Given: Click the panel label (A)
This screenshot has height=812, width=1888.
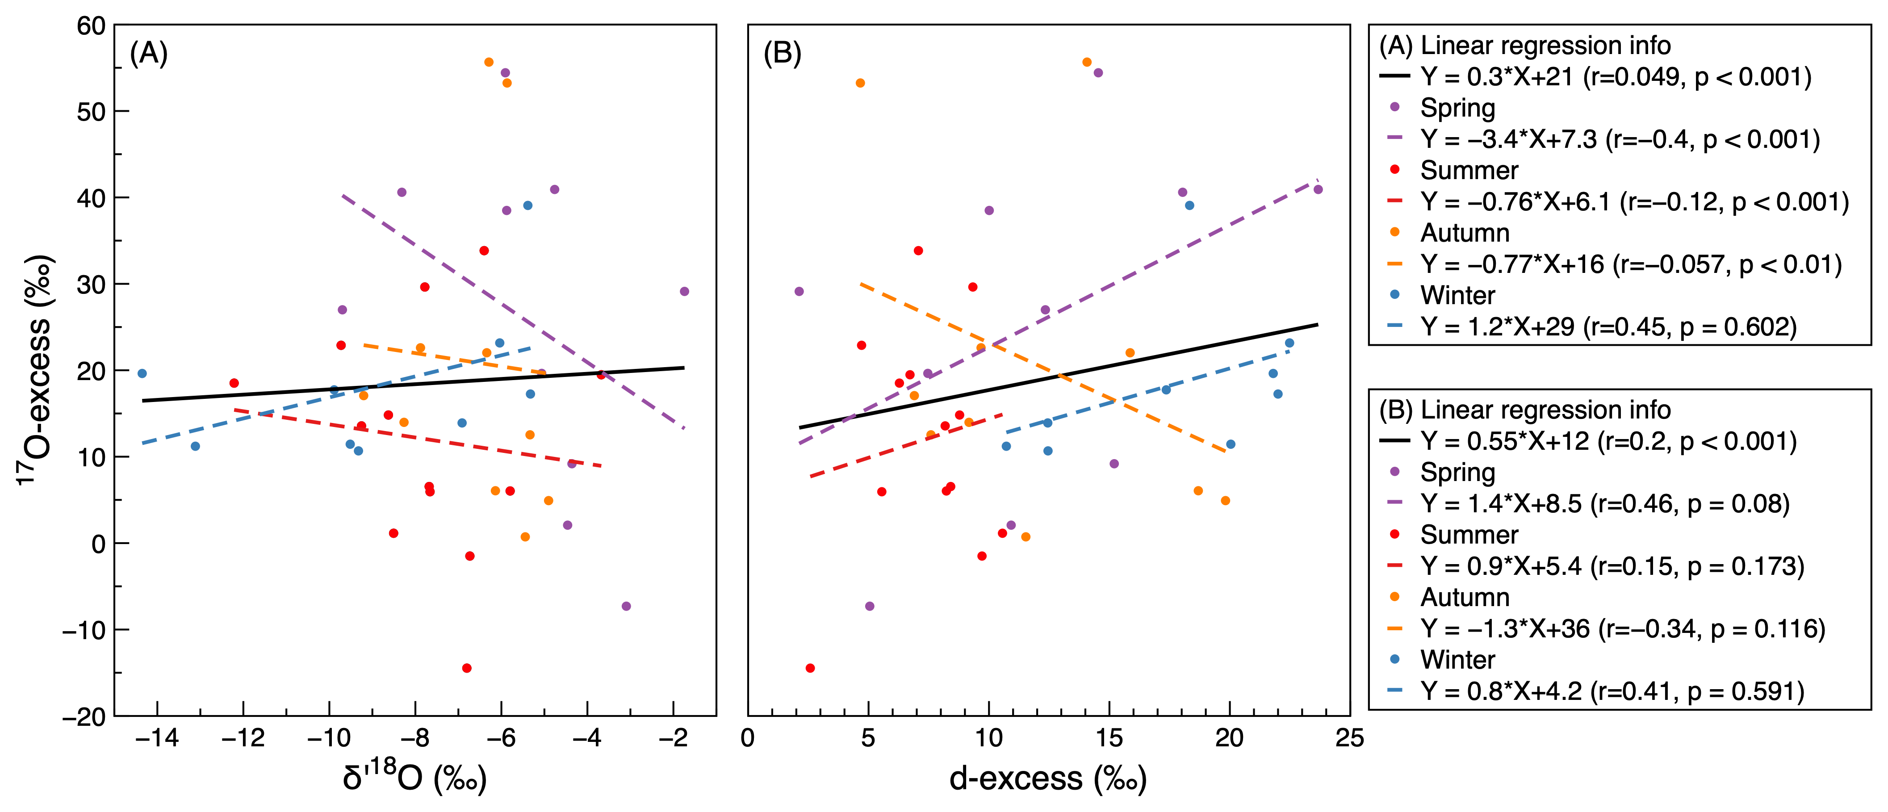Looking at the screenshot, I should click(x=149, y=54).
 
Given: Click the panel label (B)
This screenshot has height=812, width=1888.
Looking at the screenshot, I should click(x=782, y=54).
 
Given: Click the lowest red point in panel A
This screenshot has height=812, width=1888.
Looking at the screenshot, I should click(x=467, y=668).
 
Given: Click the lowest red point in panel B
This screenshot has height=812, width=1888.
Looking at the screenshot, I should click(x=810, y=668).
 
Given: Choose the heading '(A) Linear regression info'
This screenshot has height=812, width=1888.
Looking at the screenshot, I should click(x=1524, y=46).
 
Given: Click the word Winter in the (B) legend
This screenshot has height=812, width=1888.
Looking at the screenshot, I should click(x=1457, y=660).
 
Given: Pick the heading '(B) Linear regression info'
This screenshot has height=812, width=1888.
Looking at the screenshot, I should click(x=1524, y=410).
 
